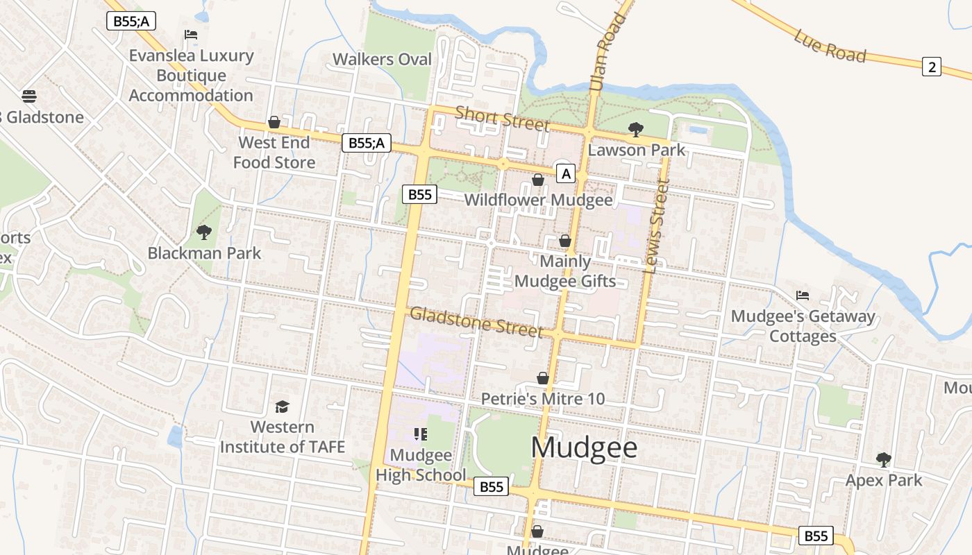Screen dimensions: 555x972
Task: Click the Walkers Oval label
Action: tap(382, 60)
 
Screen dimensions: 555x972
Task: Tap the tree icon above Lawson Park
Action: tap(635, 129)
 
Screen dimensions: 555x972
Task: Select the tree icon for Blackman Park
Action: tap(203, 232)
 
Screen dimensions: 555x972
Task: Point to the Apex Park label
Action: tap(883, 480)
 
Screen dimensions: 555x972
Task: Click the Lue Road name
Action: tap(830, 46)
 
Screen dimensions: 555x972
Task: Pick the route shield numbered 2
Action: tap(932, 67)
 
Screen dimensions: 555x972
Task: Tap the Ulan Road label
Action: tap(598, 52)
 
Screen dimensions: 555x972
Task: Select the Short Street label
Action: tap(502, 118)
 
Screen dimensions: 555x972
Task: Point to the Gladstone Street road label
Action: tap(476, 322)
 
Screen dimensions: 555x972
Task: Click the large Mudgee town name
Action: tap(584, 447)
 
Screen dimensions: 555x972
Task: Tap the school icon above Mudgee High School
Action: tap(420, 434)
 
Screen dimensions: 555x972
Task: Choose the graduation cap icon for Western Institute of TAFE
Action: tap(282, 406)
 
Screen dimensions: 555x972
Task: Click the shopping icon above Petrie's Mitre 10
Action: tap(543, 378)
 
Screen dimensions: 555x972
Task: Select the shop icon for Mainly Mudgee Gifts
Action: tap(565, 241)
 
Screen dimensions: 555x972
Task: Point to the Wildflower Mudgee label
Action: tap(538, 200)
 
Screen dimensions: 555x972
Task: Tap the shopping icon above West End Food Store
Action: tap(274, 122)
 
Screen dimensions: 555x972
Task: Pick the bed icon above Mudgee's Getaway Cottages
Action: tap(803, 295)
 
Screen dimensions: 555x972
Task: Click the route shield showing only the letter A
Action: tap(566, 173)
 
